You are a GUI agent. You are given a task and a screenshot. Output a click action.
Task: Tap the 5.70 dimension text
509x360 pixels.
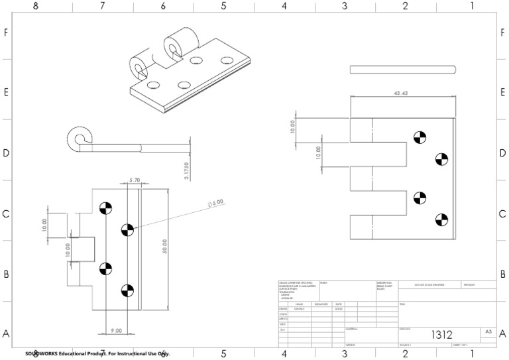coord(134,180)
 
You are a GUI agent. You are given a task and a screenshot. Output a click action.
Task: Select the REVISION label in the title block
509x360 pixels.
coord(472,284)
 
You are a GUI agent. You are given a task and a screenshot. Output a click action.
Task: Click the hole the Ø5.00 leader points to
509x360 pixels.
coord(127,229)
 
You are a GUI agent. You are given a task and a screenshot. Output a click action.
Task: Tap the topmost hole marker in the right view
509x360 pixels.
coord(418,138)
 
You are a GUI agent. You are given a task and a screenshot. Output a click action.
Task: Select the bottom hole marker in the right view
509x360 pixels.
coord(440,219)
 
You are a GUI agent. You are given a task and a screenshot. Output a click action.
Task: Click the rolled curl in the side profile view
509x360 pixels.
coord(79,140)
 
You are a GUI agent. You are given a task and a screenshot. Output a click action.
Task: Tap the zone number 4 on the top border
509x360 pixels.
coord(284,6)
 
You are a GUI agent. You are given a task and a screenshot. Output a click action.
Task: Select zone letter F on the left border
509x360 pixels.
coord(5,32)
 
